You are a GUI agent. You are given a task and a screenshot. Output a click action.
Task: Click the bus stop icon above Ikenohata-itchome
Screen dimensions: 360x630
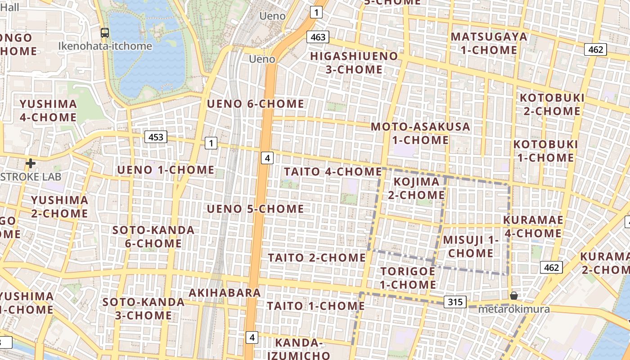[x=105, y=32]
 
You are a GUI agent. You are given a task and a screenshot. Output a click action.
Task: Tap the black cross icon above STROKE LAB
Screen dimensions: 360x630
[x=31, y=163]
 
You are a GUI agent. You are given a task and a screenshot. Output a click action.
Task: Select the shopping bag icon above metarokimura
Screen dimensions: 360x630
[x=513, y=296]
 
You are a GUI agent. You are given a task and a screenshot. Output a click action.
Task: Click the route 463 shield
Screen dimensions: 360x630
[x=318, y=37]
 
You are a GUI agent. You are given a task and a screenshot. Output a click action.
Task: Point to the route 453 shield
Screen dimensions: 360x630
[x=156, y=137]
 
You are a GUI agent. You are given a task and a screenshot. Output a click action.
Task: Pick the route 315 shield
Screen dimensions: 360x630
[x=455, y=302]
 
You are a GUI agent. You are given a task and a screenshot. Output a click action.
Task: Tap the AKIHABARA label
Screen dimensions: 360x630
[x=225, y=292]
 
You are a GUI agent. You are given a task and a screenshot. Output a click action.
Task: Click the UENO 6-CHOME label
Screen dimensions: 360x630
[x=255, y=104]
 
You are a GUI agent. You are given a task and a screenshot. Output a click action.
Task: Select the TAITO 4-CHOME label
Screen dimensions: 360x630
[x=333, y=171]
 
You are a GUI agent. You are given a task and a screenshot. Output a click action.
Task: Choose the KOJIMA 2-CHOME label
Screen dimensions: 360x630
[x=416, y=188]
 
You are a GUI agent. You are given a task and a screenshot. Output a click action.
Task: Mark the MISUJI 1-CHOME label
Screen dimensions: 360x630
[x=471, y=246]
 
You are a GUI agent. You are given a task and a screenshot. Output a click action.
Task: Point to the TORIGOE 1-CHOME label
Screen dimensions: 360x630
[x=408, y=278]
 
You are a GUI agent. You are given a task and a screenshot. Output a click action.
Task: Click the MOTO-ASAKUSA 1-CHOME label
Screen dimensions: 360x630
[x=420, y=133]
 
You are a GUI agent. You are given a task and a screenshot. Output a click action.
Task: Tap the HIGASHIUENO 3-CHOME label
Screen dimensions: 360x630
[x=354, y=63]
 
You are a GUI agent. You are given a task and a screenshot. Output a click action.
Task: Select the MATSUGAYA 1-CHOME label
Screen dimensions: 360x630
[x=489, y=43]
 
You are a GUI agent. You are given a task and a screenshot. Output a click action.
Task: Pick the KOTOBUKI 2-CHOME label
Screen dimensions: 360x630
[x=552, y=104]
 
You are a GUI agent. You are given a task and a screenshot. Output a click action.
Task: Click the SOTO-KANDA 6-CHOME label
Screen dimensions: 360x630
[x=153, y=237]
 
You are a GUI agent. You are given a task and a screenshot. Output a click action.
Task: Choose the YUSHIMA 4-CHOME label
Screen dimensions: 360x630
[x=48, y=111]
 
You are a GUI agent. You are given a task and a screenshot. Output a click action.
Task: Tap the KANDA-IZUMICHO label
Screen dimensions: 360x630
[x=299, y=349]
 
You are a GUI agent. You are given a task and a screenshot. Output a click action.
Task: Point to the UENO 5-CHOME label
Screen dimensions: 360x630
[x=255, y=209]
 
